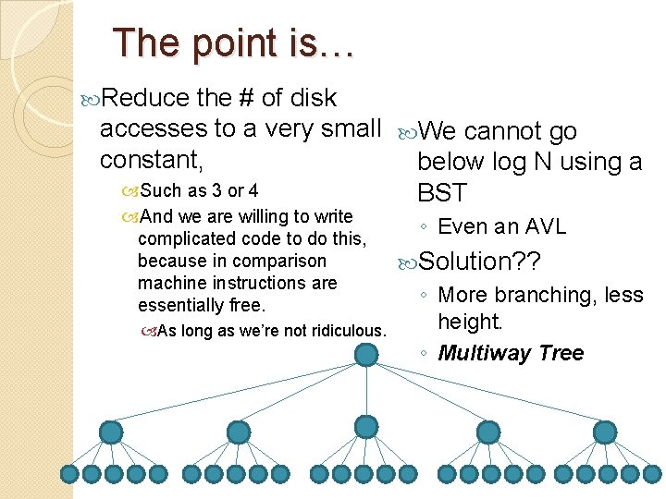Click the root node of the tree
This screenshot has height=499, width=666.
pyautogui.click(x=366, y=354)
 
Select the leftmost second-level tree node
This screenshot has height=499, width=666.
pyautogui.click(x=111, y=432)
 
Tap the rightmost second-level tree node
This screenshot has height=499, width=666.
pyautogui.click(x=605, y=432)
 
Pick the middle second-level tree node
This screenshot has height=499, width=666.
pyautogui.click(x=366, y=426)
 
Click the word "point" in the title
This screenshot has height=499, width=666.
pyautogui.click(x=213, y=43)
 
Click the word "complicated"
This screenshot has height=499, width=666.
pyautogui.click(x=187, y=239)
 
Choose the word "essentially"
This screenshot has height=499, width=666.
pyautogui.click(x=183, y=305)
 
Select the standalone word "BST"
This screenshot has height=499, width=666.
pyautogui.click(x=442, y=193)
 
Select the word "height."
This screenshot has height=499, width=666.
pyautogui.click(x=470, y=322)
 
